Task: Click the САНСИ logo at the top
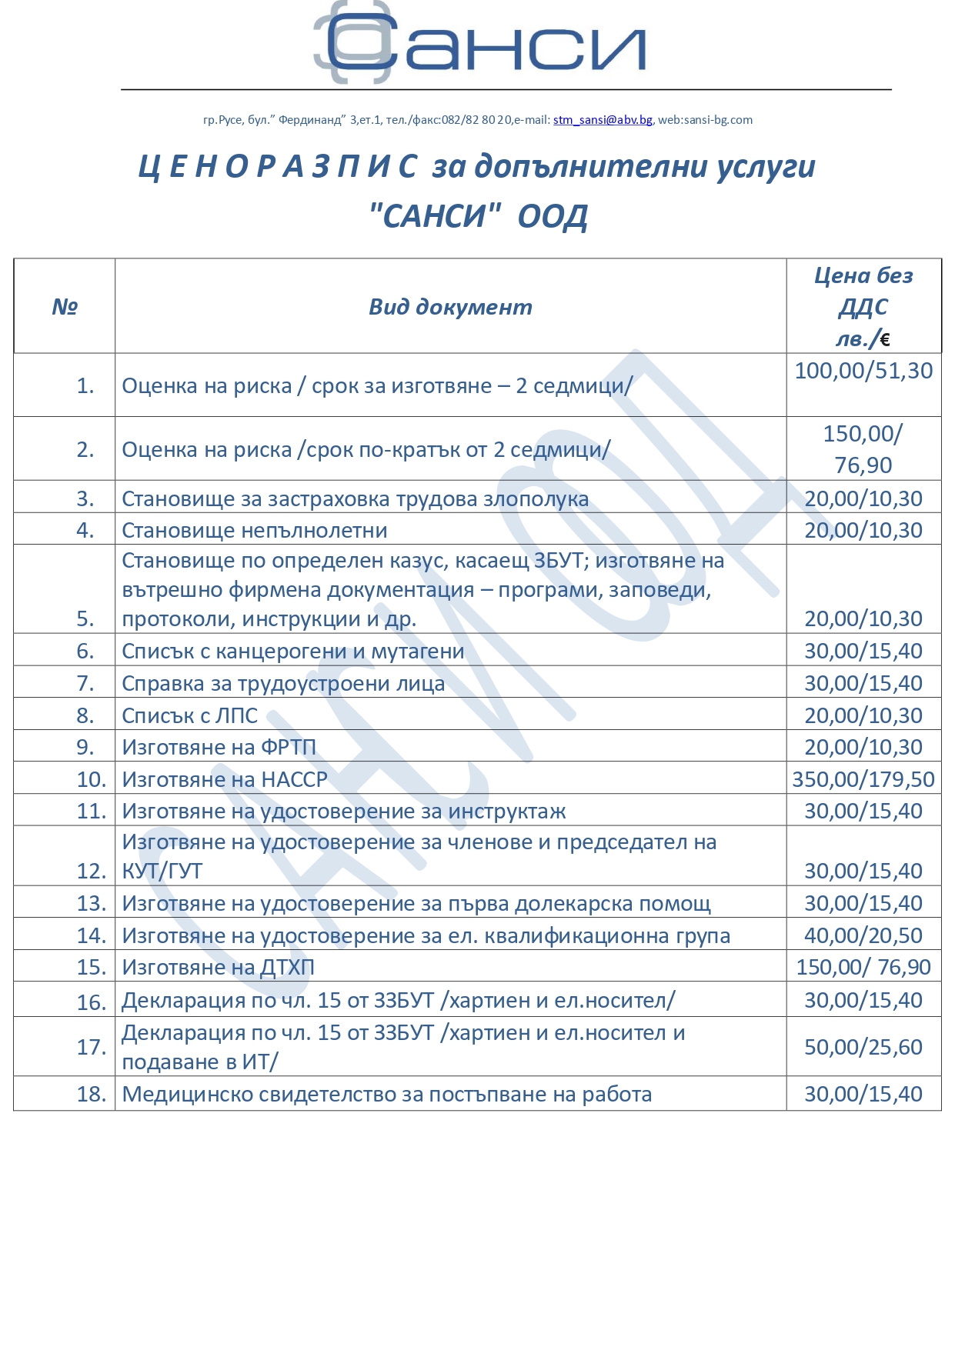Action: (x=479, y=45)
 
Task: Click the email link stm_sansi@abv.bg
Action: (x=603, y=120)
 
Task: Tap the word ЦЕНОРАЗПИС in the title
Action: (x=278, y=167)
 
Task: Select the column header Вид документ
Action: (x=450, y=307)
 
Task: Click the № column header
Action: (x=65, y=307)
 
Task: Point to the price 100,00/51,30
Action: (x=863, y=371)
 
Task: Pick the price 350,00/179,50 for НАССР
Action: (x=863, y=779)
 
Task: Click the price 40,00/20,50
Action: (x=863, y=935)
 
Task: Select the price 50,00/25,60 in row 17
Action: (x=863, y=1047)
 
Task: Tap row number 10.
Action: (x=91, y=779)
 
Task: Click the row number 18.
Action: (x=91, y=1094)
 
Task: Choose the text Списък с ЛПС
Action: (x=190, y=715)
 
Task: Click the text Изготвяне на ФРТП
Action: (x=219, y=747)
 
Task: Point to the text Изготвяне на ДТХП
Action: (x=219, y=967)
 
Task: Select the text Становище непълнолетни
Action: (x=255, y=530)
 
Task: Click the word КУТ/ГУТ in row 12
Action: (x=162, y=871)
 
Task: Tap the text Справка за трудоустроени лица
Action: (x=283, y=683)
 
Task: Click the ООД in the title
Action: (x=553, y=217)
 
